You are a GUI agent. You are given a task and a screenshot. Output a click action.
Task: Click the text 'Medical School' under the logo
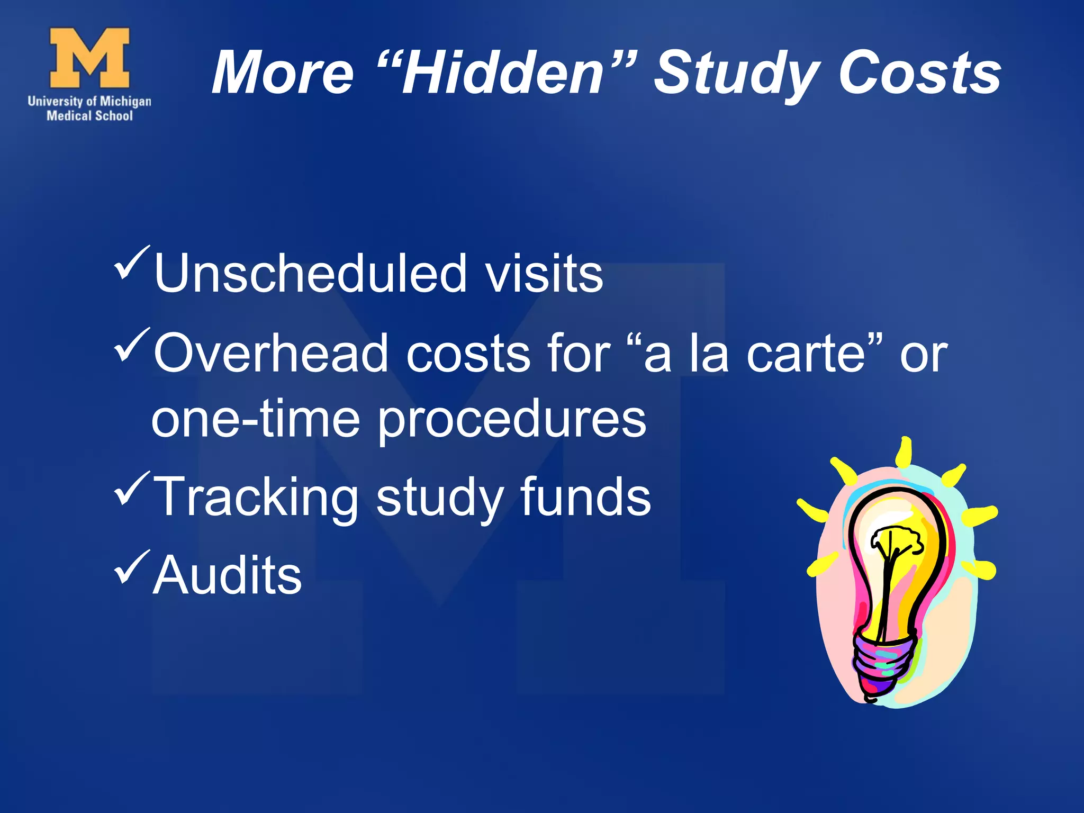click(x=89, y=116)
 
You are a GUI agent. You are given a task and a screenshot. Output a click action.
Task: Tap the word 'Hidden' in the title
click(x=503, y=73)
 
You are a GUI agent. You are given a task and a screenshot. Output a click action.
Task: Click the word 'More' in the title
click(x=283, y=73)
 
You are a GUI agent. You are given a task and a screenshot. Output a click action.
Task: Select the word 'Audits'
click(x=227, y=575)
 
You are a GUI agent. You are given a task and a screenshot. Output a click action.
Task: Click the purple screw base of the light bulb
click(x=881, y=664)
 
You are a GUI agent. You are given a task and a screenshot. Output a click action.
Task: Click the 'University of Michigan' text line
click(x=89, y=101)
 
